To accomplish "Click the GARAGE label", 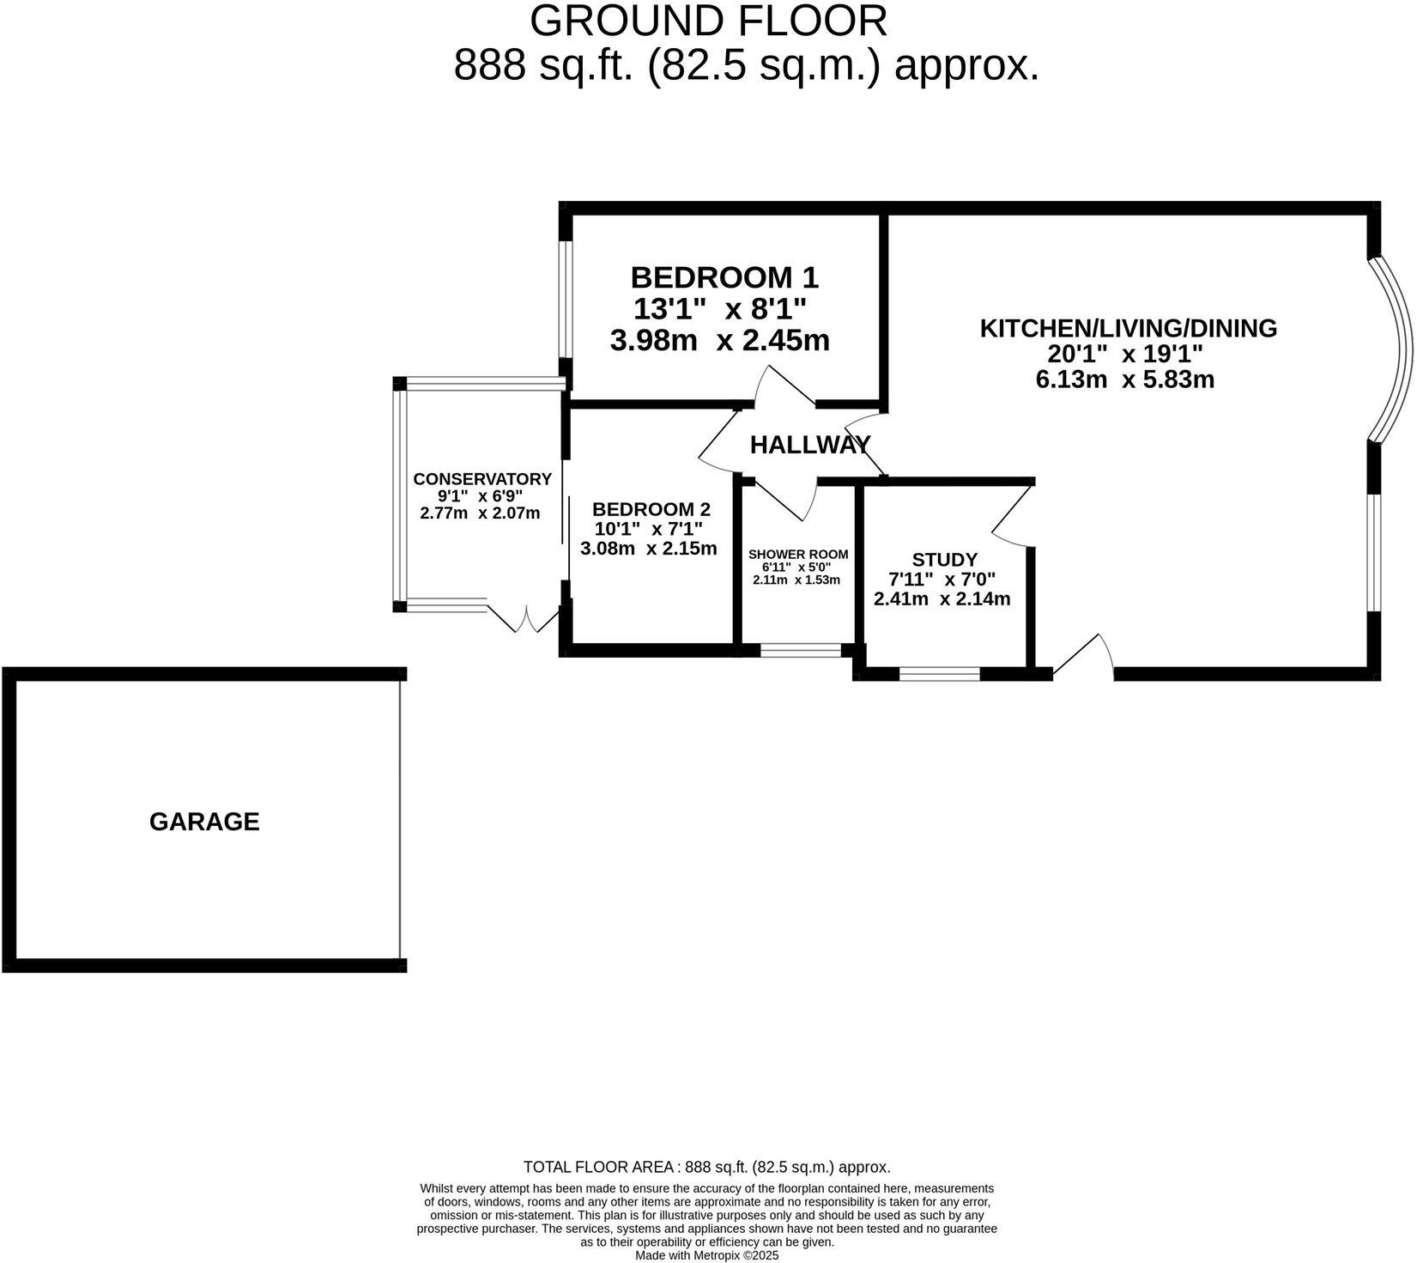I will coord(204,822).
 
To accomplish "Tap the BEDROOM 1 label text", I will coord(724,278).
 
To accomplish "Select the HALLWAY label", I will coord(809,445).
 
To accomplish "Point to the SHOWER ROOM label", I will coord(797,555).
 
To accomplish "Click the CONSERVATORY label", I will coord(481,479).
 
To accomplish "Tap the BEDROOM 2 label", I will coord(651,509).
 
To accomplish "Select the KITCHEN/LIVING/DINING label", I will coord(1128,329).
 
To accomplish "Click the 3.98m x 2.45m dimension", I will coord(719,341).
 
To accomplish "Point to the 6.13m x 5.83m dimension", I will coord(1124,380).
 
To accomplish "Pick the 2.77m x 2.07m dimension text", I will coord(480,513).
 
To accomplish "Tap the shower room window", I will coord(802,651).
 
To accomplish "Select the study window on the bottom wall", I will coord(939,674).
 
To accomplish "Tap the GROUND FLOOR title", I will coord(708,21).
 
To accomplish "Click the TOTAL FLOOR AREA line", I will coord(706,1168).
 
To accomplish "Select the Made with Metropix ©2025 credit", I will coord(706,1255).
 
